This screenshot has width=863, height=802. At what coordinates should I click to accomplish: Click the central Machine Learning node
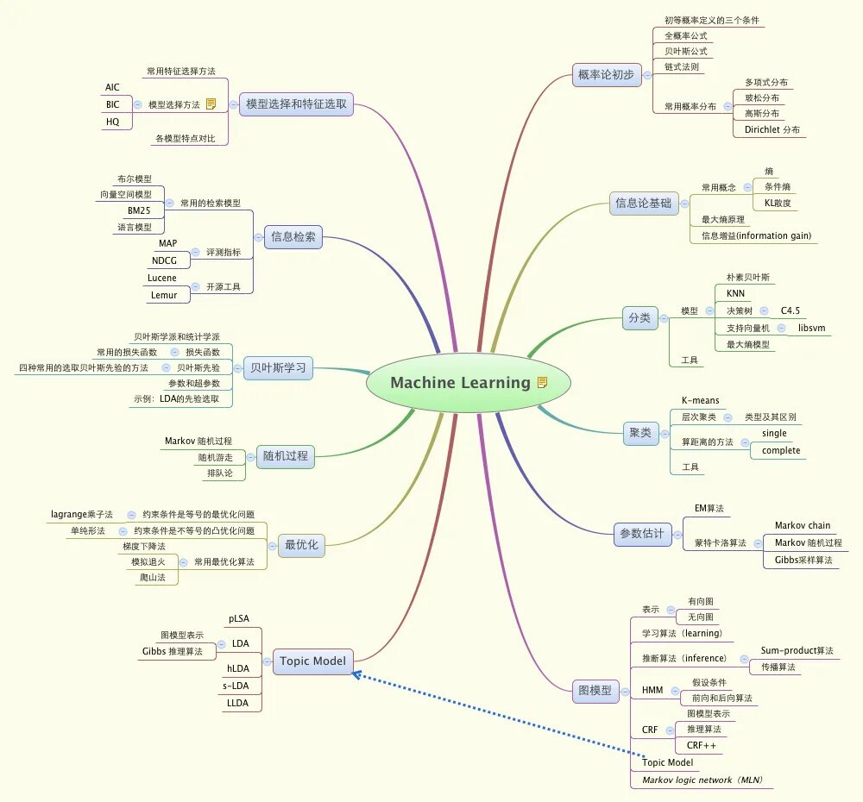[460, 383]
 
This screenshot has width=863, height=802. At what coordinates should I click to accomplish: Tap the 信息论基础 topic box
[642, 204]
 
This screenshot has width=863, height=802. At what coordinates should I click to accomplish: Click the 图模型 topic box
[594, 690]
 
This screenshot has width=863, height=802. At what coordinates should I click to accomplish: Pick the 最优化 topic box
[301, 544]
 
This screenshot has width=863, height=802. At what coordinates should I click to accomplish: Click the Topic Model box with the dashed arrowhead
[312, 661]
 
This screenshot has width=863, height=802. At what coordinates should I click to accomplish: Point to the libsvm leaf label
[811, 328]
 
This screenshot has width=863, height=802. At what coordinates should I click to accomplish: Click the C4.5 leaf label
[792, 310]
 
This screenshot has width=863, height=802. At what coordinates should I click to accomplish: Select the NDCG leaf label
[165, 260]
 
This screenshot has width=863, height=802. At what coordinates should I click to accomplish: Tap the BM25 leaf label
[140, 210]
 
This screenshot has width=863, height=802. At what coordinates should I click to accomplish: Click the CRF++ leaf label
[702, 745]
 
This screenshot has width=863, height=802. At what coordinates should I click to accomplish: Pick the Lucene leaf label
[162, 279]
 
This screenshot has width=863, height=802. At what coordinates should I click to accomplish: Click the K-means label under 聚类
[700, 400]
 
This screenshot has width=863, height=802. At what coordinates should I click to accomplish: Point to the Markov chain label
[802, 525]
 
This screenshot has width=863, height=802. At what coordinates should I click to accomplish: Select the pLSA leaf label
[239, 619]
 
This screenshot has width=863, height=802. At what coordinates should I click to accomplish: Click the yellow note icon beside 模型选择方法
[211, 104]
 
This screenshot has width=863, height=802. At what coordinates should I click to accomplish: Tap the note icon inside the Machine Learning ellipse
[542, 382]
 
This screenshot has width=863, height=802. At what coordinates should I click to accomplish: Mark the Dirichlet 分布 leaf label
[772, 130]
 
